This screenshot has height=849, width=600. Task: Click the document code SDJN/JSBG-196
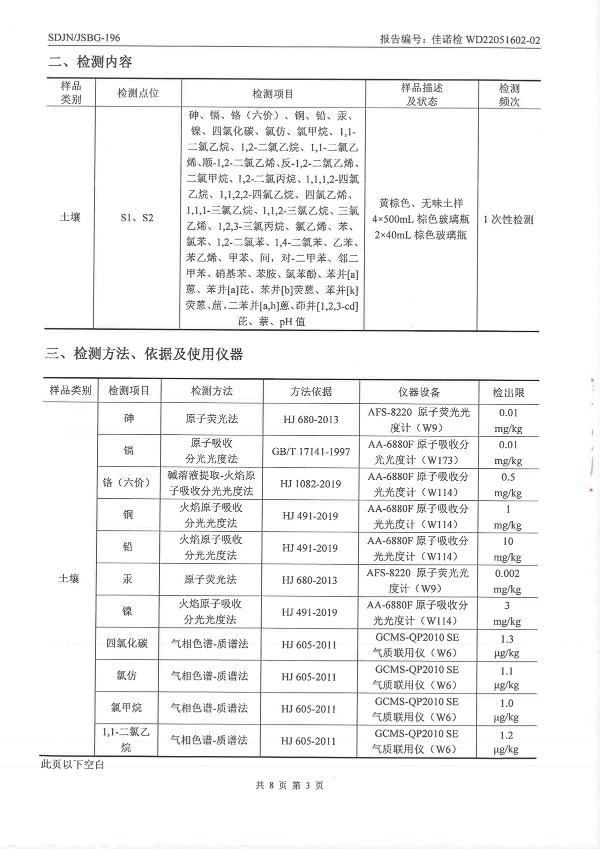84,38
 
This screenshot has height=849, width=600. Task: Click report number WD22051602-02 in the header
502,40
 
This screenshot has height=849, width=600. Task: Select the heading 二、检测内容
90,62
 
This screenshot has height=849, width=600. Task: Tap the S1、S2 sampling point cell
137,218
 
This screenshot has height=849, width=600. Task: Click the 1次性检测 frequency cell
508,220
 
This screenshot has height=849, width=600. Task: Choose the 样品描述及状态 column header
421,95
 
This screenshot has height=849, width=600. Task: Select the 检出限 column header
508,393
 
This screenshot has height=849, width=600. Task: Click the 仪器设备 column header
418,392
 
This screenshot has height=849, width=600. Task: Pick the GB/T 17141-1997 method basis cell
310,452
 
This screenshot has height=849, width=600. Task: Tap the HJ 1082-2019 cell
310,484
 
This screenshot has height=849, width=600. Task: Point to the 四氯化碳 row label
127,643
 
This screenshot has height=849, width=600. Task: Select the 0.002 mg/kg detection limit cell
507,581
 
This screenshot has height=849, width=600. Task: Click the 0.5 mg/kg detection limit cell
507,484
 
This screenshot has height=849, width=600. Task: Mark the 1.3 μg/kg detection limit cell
506,645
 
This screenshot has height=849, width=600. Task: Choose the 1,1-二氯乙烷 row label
126,739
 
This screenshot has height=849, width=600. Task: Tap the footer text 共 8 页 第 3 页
289,785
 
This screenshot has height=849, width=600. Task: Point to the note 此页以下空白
72,764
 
